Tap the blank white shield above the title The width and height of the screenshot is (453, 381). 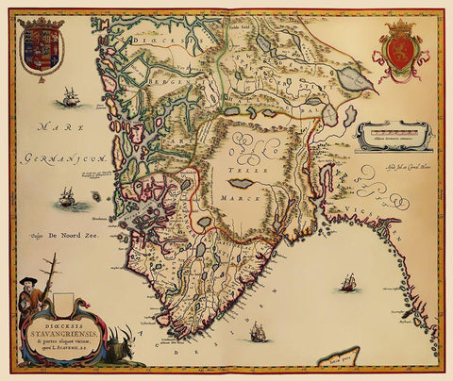pyautogui.click(x=64, y=302)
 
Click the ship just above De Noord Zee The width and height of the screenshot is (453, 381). pyautogui.click(x=66, y=197)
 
